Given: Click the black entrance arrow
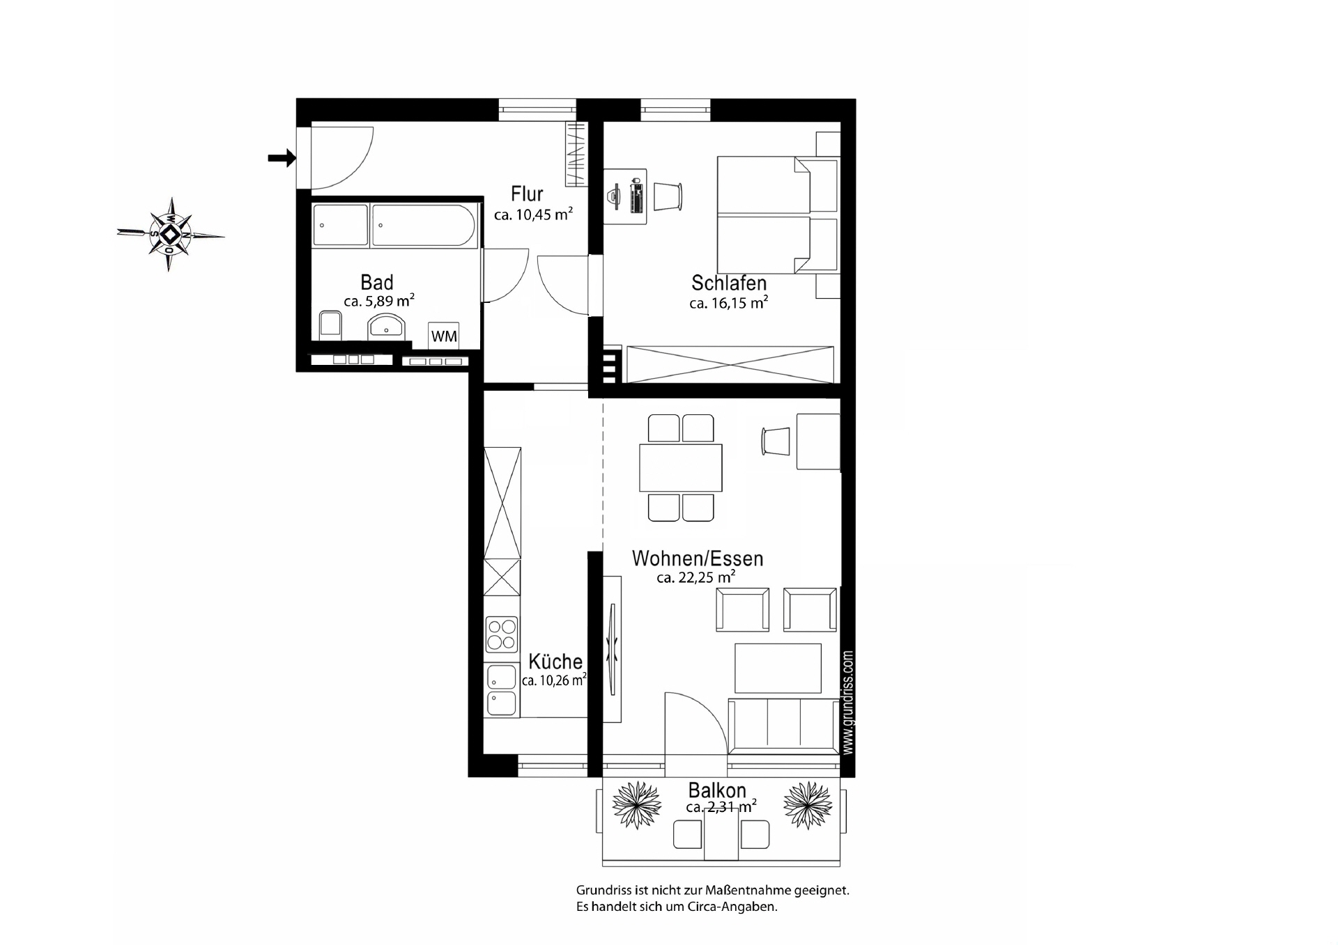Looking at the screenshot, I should point(282,159).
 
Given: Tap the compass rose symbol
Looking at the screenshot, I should point(171,234).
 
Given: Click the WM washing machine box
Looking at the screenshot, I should point(444,336).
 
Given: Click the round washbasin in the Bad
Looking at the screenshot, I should point(386,325).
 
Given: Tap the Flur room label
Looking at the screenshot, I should point(527,194).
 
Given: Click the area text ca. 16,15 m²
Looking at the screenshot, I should point(728,303).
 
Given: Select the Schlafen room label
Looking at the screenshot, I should point(729,283).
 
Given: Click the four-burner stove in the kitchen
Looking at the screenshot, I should point(502,634).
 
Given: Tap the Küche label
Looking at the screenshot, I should point(555,662).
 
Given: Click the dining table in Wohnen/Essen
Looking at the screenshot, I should point(681,467).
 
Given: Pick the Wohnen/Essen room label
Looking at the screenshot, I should point(698,559).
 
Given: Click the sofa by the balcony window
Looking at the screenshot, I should point(783,726).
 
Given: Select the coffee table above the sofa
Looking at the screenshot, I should point(778,668).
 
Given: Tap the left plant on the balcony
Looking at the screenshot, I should point(636,805).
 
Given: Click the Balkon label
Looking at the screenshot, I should point(717,790).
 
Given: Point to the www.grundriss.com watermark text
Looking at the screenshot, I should point(847,702).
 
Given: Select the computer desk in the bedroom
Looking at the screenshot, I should point(625,196).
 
